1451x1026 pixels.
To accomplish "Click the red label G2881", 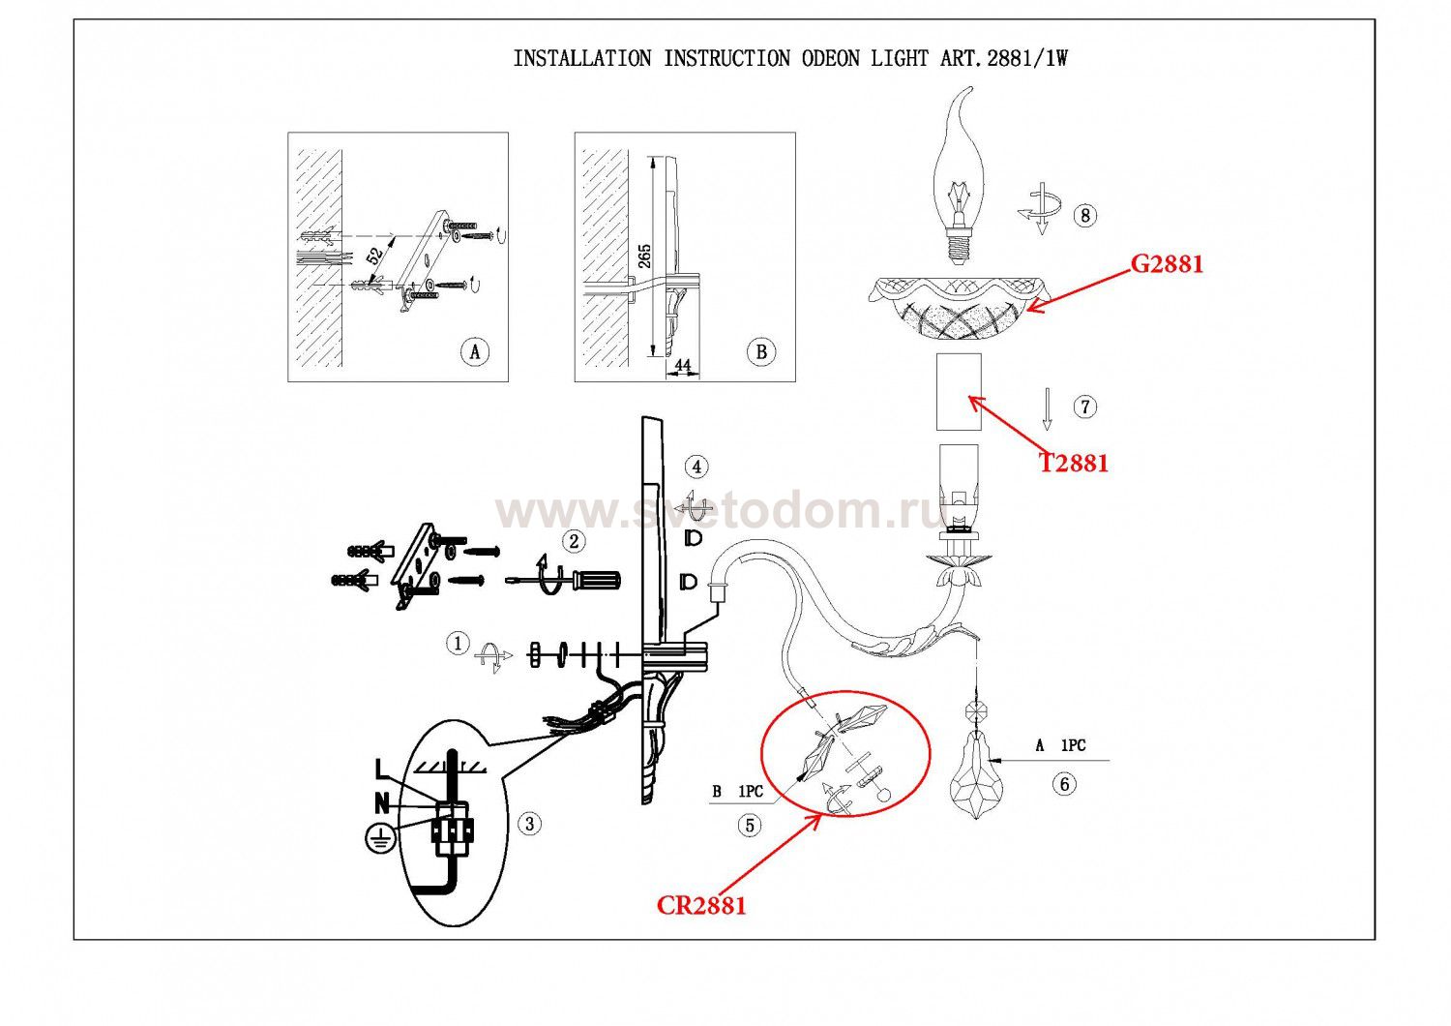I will click(1167, 263).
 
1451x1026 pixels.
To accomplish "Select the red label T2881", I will click(1074, 463).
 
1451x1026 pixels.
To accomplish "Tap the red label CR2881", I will click(701, 905).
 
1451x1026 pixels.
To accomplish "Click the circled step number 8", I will click(1085, 215).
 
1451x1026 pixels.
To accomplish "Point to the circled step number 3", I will click(529, 824).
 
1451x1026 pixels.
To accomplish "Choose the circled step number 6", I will click(1064, 783).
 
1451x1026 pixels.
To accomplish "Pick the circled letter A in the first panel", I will click(474, 351).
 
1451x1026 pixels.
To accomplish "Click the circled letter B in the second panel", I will click(761, 351).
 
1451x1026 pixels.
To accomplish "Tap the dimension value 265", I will click(645, 256).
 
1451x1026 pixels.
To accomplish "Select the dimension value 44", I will click(683, 366).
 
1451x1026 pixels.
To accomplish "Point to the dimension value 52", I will click(374, 256).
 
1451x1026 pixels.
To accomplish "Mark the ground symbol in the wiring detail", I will click(379, 837).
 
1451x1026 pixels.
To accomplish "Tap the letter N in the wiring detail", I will click(382, 802).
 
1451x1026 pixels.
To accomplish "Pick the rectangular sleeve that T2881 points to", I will click(958, 391).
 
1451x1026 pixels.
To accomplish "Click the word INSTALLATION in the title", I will click(582, 58).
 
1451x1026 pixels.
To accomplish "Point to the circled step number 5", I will click(750, 825).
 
